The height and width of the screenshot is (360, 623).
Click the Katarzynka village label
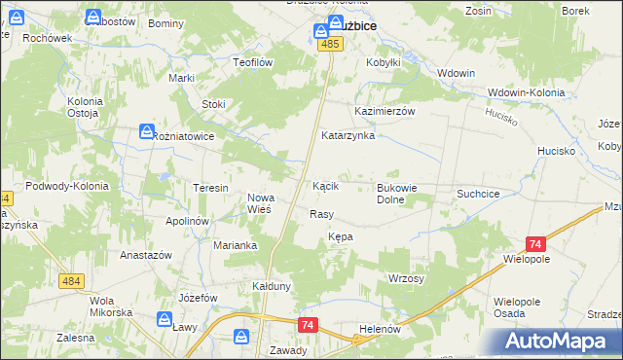click(x=348, y=136)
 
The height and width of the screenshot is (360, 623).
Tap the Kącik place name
click(x=325, y=185)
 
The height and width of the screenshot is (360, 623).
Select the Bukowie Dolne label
click(x=404, y=194)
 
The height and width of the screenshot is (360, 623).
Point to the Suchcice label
click(x=478, y=194)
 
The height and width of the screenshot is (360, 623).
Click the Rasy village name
click(x=321, y=214)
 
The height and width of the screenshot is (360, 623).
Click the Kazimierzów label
click(x=385, y=111)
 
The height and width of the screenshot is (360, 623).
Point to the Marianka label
click(x=235, y=245)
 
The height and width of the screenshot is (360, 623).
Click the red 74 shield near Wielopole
click(x=534, y=245)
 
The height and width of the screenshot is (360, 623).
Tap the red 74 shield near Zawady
click(x=308, y=324)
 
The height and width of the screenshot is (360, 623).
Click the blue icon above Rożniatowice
click(x=146, y=130)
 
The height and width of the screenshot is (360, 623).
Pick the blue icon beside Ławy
click(x=165, y=318)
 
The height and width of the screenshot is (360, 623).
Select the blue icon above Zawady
click(x=241, y=336)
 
